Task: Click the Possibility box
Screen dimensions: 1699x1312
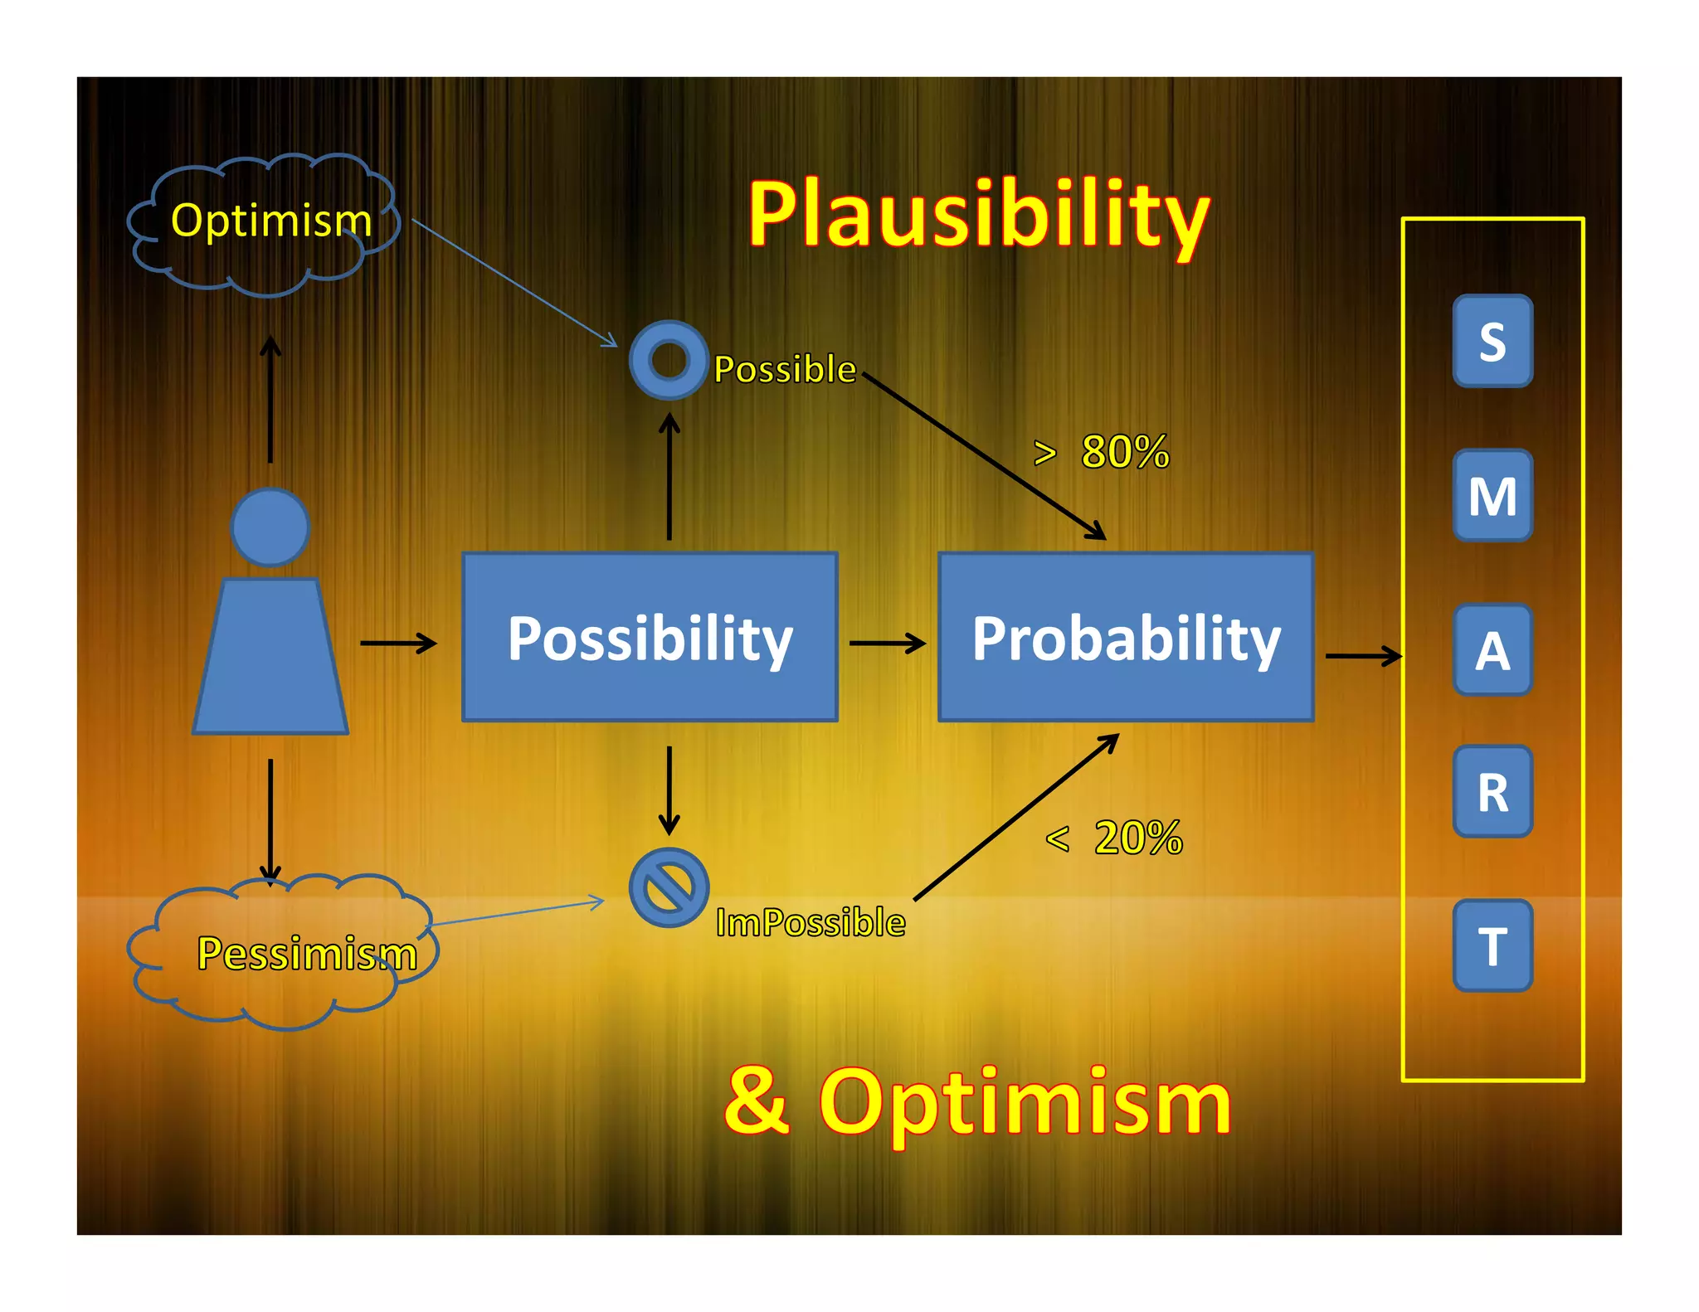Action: (650, 637)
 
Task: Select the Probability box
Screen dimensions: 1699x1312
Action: (1126, 637)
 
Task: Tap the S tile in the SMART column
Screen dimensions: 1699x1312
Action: (1492, 341)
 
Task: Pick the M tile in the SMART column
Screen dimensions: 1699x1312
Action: (1492, 496)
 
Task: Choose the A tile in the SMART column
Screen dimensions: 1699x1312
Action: (1492, 650)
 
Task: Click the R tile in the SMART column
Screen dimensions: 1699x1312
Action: (1492, 792)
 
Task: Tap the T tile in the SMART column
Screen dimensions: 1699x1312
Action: (1492, 945)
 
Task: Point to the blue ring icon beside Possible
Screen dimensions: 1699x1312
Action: (669, 360)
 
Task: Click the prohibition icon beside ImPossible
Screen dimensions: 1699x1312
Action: (669, 887)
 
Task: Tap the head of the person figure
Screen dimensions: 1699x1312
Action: (270, 527)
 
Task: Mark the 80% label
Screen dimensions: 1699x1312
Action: (1124, 452)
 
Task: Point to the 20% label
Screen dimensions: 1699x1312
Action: (1137, 838)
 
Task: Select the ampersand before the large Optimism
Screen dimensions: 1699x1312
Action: (756, 1101)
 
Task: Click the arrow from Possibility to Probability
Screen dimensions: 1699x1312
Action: (887, 643)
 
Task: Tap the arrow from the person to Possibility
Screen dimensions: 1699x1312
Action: (398, 643)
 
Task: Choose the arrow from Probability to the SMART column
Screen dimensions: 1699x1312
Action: (1363, 656)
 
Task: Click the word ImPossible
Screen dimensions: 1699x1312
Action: (811, 922)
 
